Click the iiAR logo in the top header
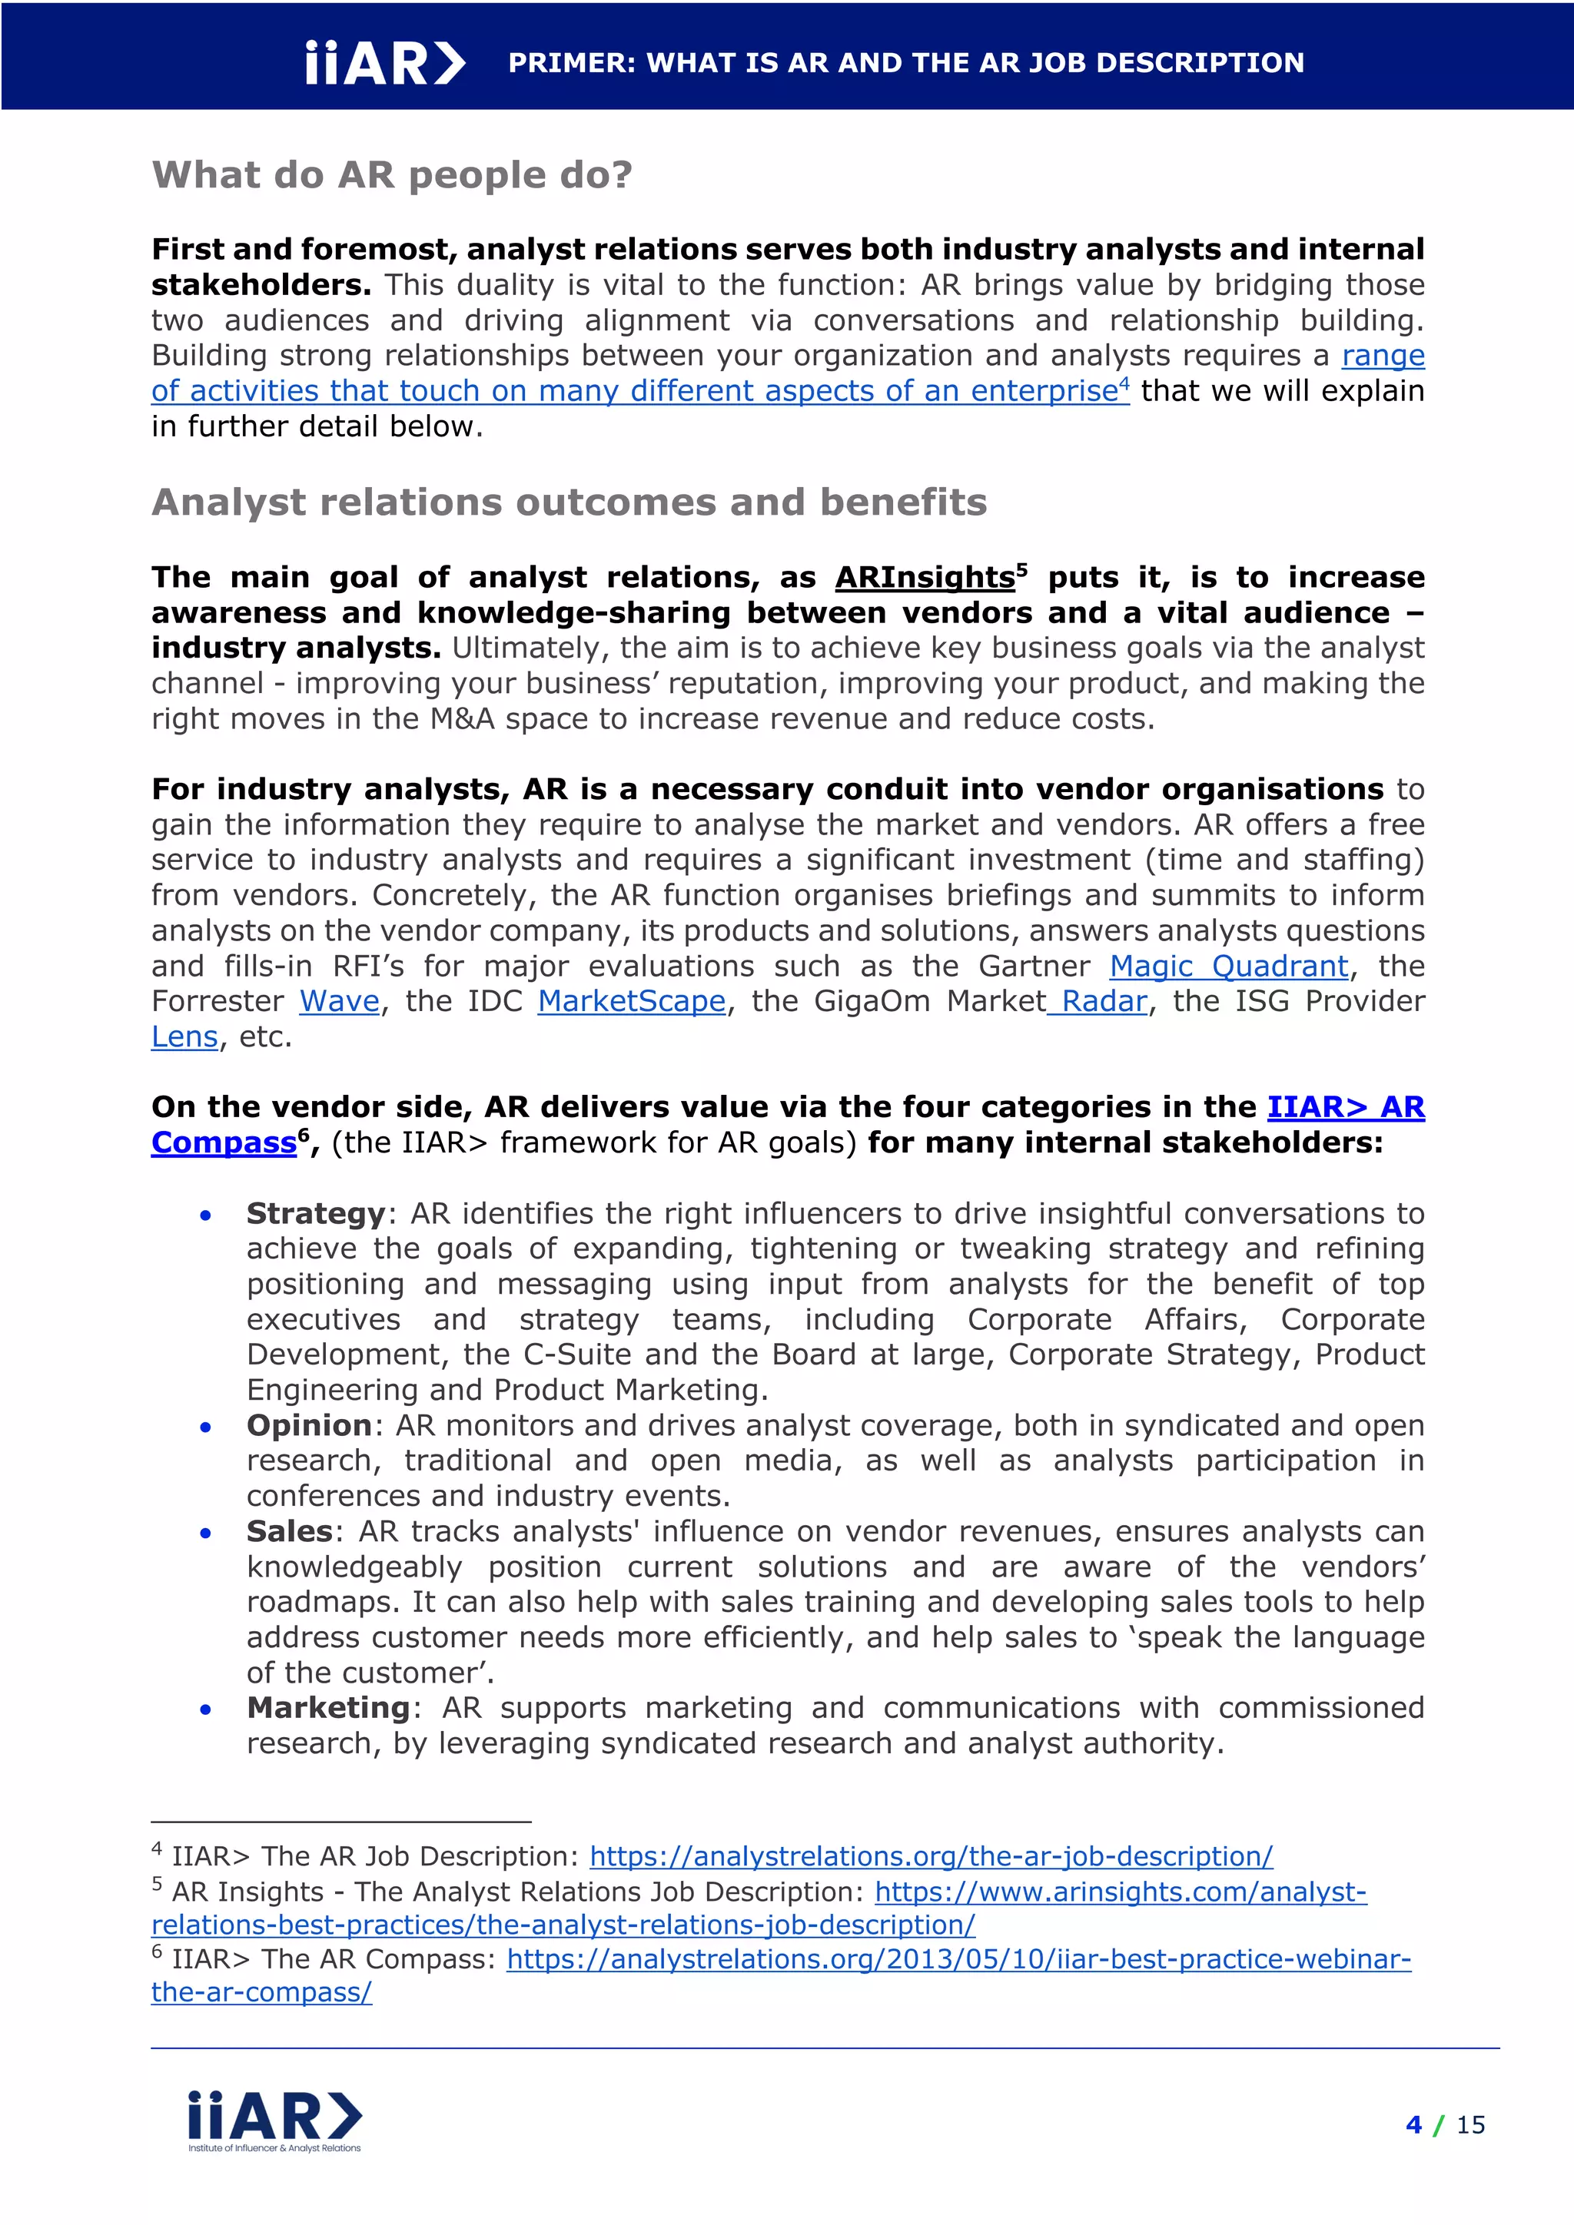click(x=385, y=63)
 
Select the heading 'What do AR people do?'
click(x=391, y=175)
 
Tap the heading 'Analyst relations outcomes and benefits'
click(x=569, y=502)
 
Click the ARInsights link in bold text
click(x=925, y=578)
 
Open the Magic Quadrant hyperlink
click(x=1228, y=967)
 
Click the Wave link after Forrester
click(x=339, y=1001)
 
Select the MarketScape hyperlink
click(x=631, y=1001)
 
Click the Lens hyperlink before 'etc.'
click(x=184, y=1037)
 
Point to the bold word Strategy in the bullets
click(x=316, y=1213)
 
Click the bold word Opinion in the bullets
click(x=309, y=1425)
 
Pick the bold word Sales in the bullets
click(x=289, y=1531)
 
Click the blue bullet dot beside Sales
click(x=205, y=1533)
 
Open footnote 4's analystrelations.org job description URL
click(x=931, y=1855)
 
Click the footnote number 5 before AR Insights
click(x=157, y=1883)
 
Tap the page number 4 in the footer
click(x=1413, y=2125)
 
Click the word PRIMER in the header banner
click(x=572, y=63)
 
